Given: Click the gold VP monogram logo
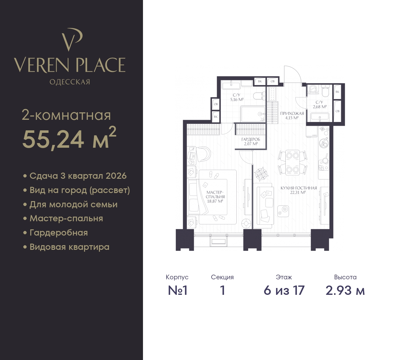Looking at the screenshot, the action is pos(71,40).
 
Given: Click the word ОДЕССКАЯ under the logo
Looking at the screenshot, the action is pos(70,82).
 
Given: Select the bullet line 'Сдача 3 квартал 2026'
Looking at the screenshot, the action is pos(75,176).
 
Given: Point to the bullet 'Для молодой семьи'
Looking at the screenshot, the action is pos(70,204).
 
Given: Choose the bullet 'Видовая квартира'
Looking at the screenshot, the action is pos(66,247).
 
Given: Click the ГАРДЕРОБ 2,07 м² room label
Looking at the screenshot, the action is pos(251,142).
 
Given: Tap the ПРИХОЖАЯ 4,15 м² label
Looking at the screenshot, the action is pos(292,116).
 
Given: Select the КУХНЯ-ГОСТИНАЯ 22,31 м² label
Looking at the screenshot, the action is pos(299,190).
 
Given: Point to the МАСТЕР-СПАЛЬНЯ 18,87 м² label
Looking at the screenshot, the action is pos(215,197).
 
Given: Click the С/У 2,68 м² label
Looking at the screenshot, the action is pos(319,105).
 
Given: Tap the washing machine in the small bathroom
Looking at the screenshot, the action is pos(313,89).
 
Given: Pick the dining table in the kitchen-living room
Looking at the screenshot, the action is pos(292,163).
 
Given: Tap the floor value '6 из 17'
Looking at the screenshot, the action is pos(284,291).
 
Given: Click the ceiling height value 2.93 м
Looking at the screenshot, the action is pos(345,291).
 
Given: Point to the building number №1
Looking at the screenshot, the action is pos(177,291).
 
